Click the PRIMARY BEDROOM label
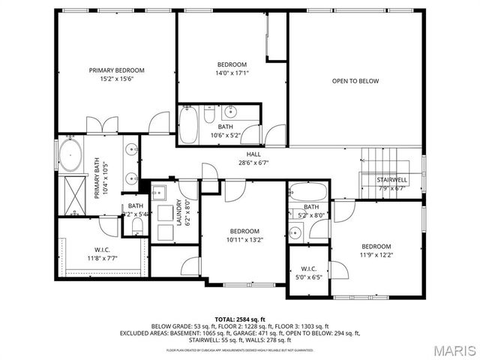click(x=116, y=70)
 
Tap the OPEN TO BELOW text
click(x=355, y=81)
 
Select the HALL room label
click(x=253, y=154)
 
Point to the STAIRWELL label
click(x=391, y=180)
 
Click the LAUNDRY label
click(x=178, y=212)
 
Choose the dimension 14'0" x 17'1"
click(x=232, y=73)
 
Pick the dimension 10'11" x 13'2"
click(x=244, y=239)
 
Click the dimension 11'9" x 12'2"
click(x=376, y=255)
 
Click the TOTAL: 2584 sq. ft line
click(x=240, y=319)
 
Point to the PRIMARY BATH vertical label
click(x=97, y=178)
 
